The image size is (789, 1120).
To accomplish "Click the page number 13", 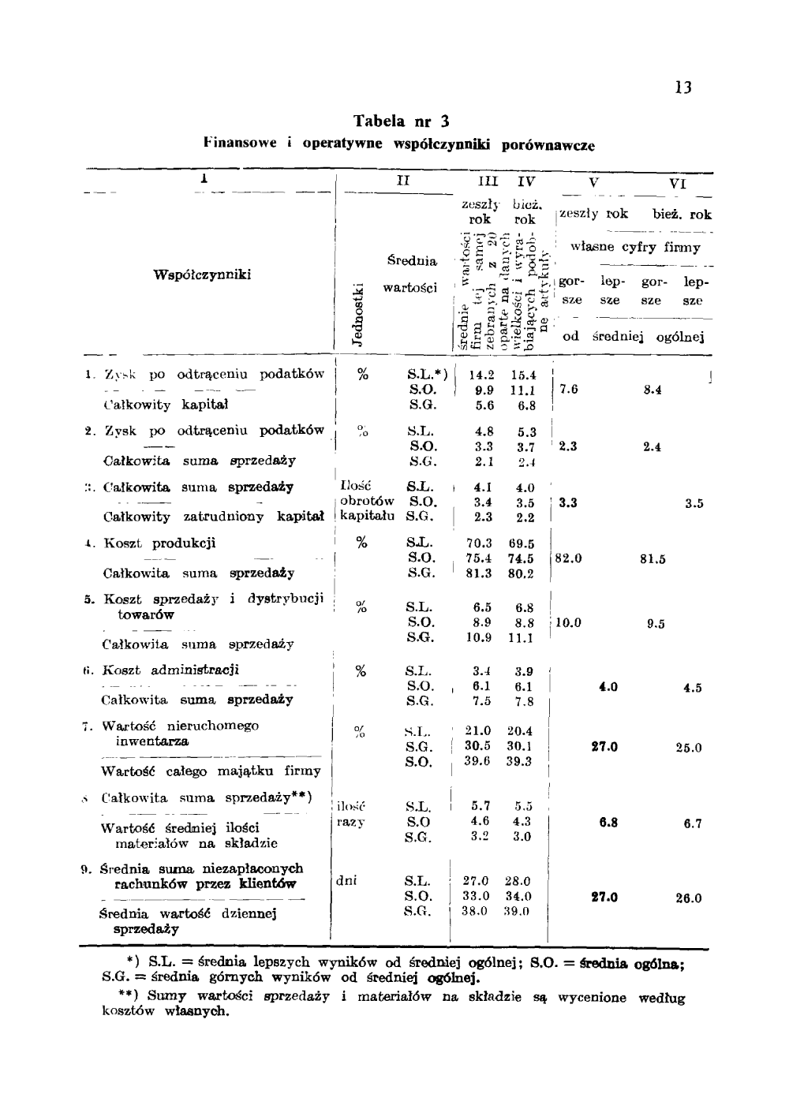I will click(683, 88).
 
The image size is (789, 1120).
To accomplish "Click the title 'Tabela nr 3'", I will click(401, 121).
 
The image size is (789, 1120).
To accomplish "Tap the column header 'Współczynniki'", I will click(203, 274).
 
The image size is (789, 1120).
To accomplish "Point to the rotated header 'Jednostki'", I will click(357, 313).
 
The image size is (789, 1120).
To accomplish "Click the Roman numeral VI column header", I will click(678, 183).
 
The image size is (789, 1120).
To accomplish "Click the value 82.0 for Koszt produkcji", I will click(569, 558).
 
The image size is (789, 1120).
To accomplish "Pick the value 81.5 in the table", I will click(653, 559).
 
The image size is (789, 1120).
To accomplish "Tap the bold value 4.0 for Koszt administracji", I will click(608, 687).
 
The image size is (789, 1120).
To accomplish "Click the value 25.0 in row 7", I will click(689, 748).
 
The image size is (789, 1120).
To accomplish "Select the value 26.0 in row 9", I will click(689, 898).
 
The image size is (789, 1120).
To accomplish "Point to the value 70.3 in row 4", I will click(479, 543).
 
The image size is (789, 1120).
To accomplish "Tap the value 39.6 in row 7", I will click(477, 761).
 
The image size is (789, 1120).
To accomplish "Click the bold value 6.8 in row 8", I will click(608, 823).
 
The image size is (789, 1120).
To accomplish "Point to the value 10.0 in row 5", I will click(569, 623).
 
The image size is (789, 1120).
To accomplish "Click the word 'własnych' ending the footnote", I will click(196, 1011).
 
